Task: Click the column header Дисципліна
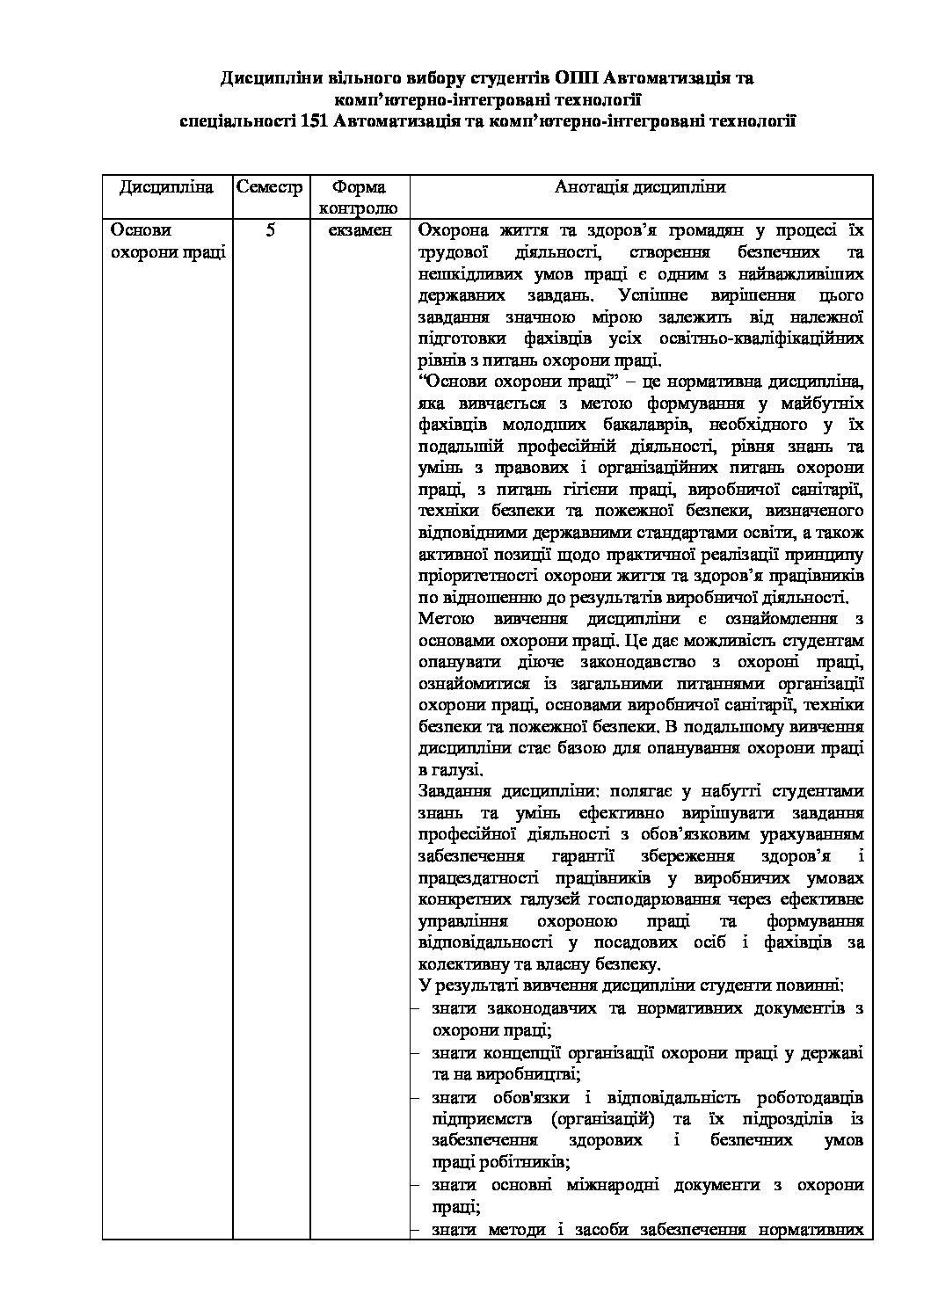(166, 187)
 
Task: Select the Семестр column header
(269, 187)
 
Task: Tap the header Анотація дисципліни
(640, 187)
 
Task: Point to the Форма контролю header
(359, 198)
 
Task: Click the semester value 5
(270, 231)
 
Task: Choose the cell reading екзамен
(359, 231)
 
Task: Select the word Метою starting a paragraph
(446, 619)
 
